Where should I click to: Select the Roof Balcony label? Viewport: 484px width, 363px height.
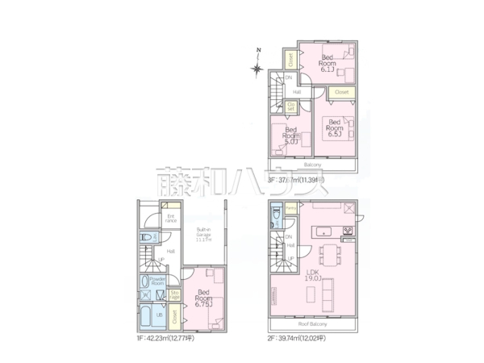click(313, 323)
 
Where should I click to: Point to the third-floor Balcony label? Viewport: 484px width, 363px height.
click(313, 164)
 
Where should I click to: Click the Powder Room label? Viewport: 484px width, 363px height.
click(157, 281)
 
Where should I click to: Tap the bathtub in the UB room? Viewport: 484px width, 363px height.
click(151, 315)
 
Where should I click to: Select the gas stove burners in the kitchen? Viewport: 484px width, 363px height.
click(348, 232)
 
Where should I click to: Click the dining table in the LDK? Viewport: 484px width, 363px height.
click(329, 252)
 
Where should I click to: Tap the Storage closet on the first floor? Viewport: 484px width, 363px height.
click(174, 296)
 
